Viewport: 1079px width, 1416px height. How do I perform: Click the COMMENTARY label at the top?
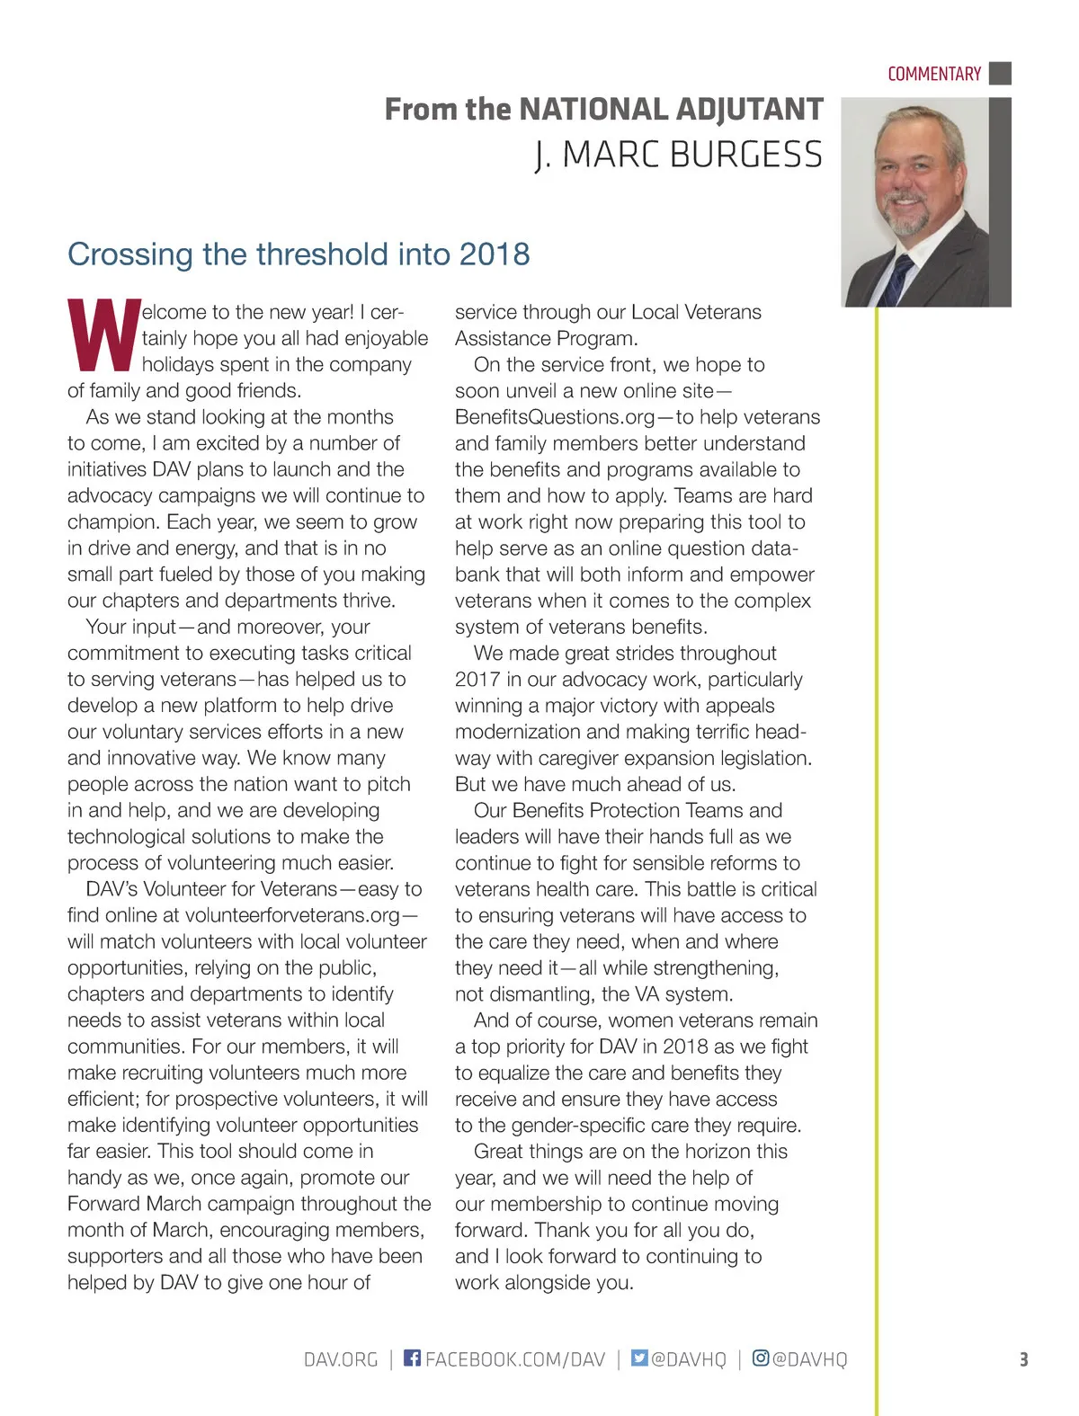pyautogui.click(x=933, y=74)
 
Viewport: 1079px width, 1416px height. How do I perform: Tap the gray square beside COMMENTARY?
pyautogui.click(x=1000, y=73)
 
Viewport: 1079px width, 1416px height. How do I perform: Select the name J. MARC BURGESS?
pyautogui.click(x=679, y=155)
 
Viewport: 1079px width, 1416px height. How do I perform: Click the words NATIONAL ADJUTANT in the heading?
pyautogui.click(x=671, y=110)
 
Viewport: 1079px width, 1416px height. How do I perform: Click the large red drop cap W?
pyautogui.click(x=103, y=335)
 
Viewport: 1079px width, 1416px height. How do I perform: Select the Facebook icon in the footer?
pyautogui.click(x=412, y=1358)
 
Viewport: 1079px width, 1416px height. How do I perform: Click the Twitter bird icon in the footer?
pyautogui.click(x=639, y=1358)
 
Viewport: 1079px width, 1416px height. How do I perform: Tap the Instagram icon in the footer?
pyautogui.click(x=761, y=1358)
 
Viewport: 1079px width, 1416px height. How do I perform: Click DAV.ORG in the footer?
pyautogui.click(x=341, y=1358)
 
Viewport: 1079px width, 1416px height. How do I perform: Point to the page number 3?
pyautogui.click(x=1023, y=1358)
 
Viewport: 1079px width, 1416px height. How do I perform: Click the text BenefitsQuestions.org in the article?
pyautogui.click(x=554, y=417)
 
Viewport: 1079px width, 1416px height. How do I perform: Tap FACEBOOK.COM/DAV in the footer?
pyautogui.click(x=515, y=1358)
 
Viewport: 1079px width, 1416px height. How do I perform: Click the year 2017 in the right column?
pyautogui.click(x=477, y=680)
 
